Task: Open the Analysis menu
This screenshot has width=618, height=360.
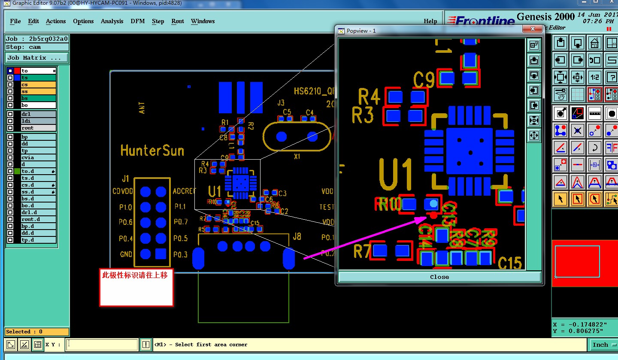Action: pos(112,21)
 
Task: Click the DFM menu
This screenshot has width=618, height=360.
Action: pos(138,21)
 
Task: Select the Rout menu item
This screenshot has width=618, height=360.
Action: pos(178,21)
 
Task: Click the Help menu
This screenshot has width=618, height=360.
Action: pos(430,21)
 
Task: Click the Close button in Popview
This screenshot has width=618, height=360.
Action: pos(439,277)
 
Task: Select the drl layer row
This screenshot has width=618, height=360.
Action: pos(38,114)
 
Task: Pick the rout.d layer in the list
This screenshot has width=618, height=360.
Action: pos(38,219)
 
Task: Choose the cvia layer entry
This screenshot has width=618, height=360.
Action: pos(38,157)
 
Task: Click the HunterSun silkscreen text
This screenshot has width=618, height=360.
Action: pos(152,151)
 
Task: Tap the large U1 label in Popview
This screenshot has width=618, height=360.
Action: pos(396,175)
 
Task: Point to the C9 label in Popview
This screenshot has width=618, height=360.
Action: pos(424,79)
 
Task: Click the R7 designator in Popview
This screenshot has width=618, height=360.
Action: pos(361,251)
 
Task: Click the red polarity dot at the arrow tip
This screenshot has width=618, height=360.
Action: pos(433,215)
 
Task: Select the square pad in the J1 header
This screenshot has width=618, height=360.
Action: pos(161,254)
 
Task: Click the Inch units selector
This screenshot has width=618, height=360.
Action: pos(600,345)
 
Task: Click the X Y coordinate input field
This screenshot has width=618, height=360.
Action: pos(102,345)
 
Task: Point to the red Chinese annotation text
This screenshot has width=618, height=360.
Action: pos(135,275)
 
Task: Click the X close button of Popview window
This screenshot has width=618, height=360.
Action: pos(533,29)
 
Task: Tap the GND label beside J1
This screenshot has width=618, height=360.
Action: pos(126,254)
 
